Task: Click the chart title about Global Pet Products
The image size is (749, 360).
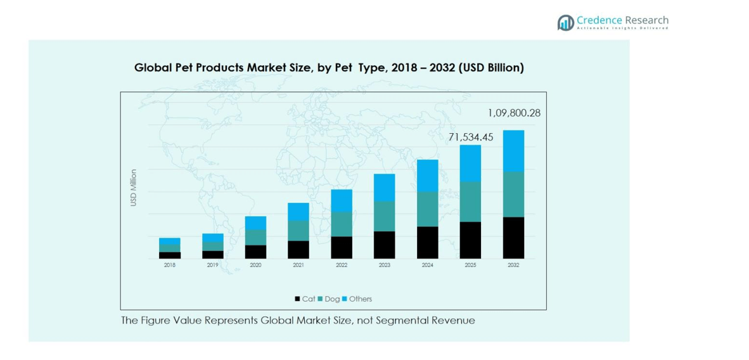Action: click(329, 67)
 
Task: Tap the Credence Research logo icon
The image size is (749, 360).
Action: click(565, 23)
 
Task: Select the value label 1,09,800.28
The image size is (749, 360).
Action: click(514, 113)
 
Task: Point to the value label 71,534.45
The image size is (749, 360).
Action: click(470, 137)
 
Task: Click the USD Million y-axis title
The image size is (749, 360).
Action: click(134, 188)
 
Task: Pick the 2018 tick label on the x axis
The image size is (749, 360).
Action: click(169, 266)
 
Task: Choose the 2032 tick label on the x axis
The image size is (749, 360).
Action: click(513, 266)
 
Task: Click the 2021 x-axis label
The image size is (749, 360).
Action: click(298, 266)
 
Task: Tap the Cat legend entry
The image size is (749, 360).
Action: click(305, 299)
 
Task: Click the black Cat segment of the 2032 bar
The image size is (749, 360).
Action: click(513, 238)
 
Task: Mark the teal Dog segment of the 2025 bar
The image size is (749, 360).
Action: click(470, 202)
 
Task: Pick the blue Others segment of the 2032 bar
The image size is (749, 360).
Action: click(513, 151)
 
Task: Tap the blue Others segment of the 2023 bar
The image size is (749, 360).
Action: click(384, 188)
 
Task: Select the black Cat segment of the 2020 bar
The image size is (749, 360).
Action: click(255, 252)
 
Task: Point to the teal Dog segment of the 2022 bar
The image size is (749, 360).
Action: click(342, 224)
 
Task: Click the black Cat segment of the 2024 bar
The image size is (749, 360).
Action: click(427, 242)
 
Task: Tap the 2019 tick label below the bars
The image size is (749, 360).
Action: click(212, 266)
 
